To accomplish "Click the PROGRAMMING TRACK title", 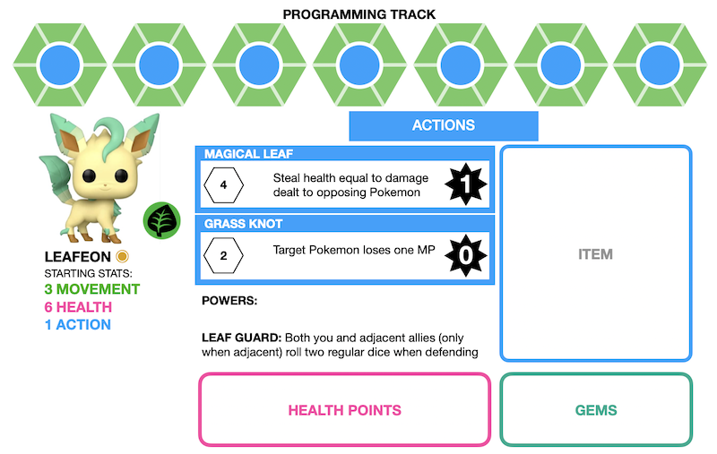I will click(358, 14).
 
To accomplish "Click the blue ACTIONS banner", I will click(443, 126).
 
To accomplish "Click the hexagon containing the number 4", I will click(222, 186).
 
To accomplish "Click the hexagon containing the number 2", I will click(222, 255).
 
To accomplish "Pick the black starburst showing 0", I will click(465, 255).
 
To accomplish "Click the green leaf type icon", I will click(162, 220).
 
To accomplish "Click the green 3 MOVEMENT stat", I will click(92, 289).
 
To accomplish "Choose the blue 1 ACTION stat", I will click(78, 324).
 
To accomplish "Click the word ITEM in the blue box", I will click(595, 254).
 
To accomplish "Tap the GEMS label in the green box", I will click(596, 410).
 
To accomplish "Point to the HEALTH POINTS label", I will click(344, 410).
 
